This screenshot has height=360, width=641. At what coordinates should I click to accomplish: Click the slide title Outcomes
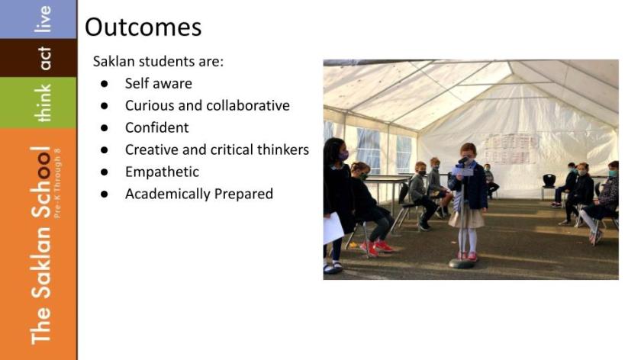[143, 27]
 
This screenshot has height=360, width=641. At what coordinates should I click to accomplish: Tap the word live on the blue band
[43, 19]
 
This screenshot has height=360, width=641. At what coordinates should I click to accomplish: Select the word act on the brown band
[43, 58]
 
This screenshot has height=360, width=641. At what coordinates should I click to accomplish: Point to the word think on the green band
[43, 103]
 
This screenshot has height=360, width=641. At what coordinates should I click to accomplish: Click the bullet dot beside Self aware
[105, 84]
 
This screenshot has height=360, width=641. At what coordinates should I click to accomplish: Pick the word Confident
[157, 127]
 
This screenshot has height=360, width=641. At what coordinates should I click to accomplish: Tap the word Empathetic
[162, 172]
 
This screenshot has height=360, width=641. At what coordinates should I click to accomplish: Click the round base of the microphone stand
[462, 264]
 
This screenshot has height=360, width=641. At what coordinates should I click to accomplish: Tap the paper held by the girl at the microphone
[462, 171]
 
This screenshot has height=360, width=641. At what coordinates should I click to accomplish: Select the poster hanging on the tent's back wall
[512, 149]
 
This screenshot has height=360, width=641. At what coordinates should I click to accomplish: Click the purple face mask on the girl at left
[343, 156]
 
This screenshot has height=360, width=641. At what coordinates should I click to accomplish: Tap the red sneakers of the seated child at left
[376, 246]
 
